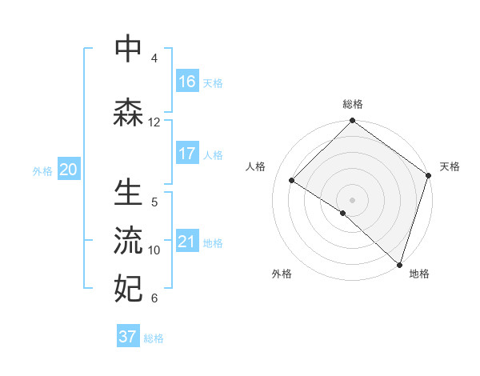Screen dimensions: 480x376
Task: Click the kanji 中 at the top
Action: (x=129, y=49)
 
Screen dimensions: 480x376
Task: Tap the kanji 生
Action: (x=129, y=194)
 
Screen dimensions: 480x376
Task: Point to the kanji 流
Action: (x=129, y=241)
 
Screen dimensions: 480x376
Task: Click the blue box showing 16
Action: (x=187, y=81)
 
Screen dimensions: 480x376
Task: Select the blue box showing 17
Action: (x=187, y=154)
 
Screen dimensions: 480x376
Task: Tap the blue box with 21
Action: (x=187, y=242)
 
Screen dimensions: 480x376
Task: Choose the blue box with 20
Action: (x=69, y=170)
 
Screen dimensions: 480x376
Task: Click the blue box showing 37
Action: (x=128, y=337)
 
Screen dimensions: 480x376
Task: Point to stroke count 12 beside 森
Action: (x=154, y=122)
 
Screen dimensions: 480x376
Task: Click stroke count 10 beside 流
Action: (x=154, y=250)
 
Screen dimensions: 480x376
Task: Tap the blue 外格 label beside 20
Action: (x=42, y=170)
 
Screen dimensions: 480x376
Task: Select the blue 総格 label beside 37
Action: (x=154, y=338)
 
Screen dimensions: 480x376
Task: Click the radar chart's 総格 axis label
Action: (x=353, y=104)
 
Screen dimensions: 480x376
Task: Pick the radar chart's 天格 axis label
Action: (x=450, y=166)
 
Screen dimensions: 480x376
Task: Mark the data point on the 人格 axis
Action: (x=292, y=181)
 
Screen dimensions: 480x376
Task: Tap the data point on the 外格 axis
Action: (x=343, y=213)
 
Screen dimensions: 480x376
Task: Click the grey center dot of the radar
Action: (x=353, y=199)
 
